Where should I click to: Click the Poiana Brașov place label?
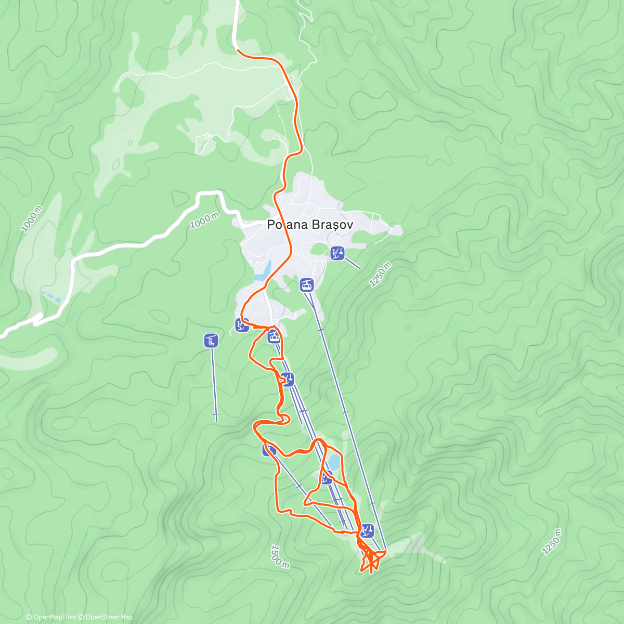click(310, 225)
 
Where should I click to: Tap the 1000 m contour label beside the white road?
click(204, 221)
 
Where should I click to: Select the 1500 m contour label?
click(279, 556)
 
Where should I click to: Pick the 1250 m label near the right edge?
click(552, 542)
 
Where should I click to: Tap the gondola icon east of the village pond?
click(307, 284)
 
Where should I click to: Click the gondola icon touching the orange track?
click(274, 336)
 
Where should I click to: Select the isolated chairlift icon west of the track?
click(211, 341)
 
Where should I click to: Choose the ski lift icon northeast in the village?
click(337, 253)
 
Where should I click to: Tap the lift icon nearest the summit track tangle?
click(367, 531)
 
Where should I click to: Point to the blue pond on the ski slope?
click(333, 462)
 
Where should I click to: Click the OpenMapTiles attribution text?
click(50, 617)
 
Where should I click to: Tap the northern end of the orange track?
click(238, 50)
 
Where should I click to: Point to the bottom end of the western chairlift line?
click(216, 419)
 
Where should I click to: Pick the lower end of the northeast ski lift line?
click(359, 268)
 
